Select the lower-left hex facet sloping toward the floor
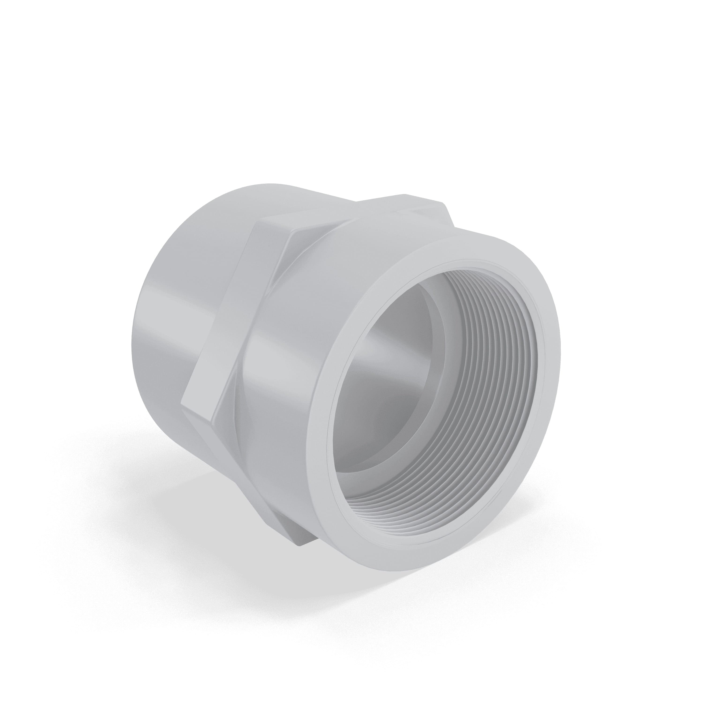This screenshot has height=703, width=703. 211,448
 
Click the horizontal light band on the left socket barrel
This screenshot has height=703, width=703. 175,320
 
